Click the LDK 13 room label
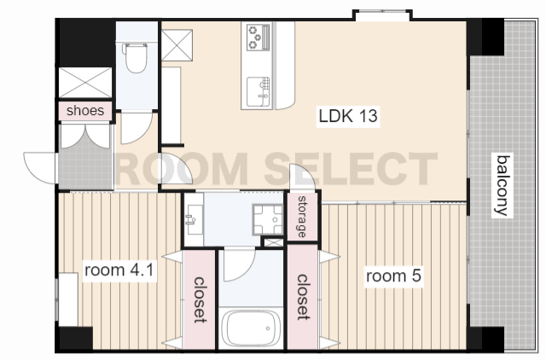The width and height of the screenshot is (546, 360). pyautogui.click(x=348, y=116)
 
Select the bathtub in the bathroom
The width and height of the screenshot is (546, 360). pyautogui.click(x=250, y=328)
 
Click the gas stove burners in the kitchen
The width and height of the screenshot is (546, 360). pyautogui.click(x=258, y=36)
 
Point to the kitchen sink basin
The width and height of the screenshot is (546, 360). pyautogui.click(x=258, y=92)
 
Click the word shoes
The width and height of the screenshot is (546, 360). pyautogui.click(x=85, y=111)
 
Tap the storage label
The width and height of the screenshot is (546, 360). pyautogui.click(x=302, y=217)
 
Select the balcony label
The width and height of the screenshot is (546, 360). pyautogui.click(x=502, y=186)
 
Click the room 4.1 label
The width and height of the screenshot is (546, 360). pyautogui.click(x=119, y=270)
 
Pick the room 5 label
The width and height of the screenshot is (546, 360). pyautogui.click(x=393, y=276)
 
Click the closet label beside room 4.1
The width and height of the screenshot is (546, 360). pyautogui.click(x=199, y=299)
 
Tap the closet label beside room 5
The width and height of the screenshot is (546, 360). pyautogui.click(x=302, y=298)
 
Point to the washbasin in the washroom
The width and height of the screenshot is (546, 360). pyautogui.click(x=194, y=219)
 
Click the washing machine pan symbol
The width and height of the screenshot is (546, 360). pyautogui.click(x=267, y=219)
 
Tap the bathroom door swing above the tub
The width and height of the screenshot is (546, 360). pyautogui.click(x=240, y=264)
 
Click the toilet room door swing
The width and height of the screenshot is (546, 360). pyautogui.click(x=136, y=128)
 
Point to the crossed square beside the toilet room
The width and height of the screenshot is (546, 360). pyautogui.click(x=177, y=45)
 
